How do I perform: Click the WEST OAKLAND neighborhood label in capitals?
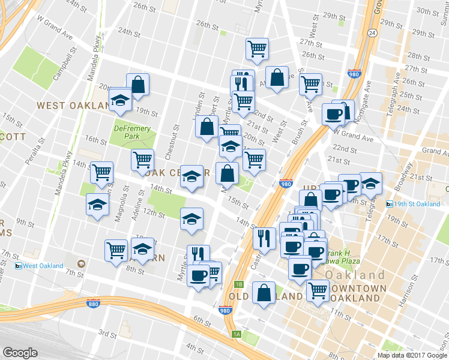67,105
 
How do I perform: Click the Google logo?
20,353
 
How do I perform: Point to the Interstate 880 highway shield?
92,304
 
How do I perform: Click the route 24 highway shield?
373,32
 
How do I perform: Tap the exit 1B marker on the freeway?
238,284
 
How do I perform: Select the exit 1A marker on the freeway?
237,334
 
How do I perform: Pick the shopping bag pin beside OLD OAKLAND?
264,293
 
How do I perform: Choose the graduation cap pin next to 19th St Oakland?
371,184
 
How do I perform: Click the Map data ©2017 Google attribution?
412,355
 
